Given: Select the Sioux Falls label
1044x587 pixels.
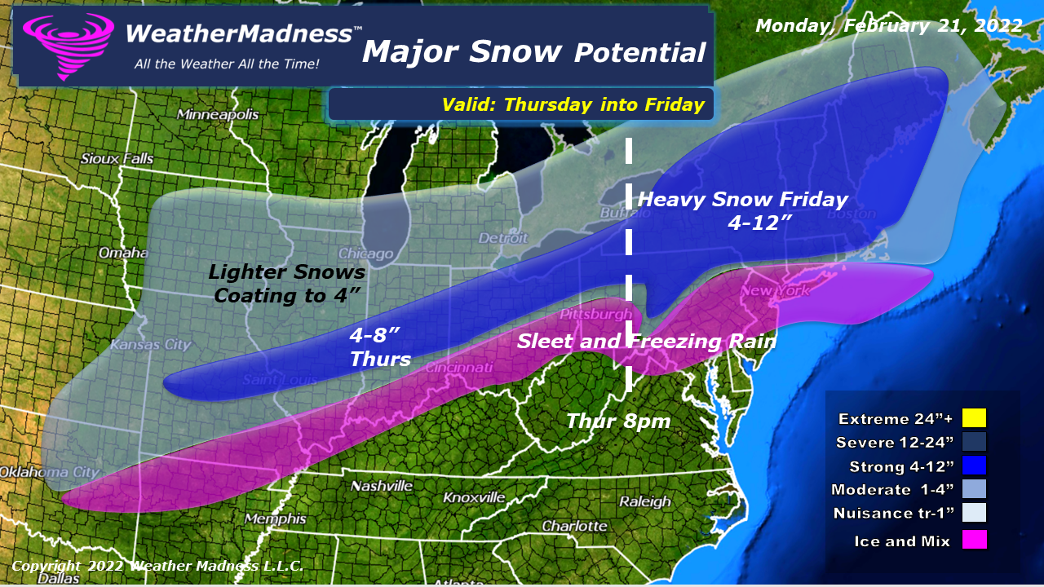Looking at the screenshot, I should [117, 158].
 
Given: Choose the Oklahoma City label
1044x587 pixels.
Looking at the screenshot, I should [49, 472].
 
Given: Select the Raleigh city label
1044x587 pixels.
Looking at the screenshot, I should [644, 501].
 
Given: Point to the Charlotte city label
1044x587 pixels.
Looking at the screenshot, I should [574, 526].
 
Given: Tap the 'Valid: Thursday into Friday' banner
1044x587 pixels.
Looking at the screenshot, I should [573, 104].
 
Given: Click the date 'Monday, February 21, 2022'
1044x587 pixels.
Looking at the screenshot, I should [889, 25].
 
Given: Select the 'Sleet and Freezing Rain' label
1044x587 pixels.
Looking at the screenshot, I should [646, 341].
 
